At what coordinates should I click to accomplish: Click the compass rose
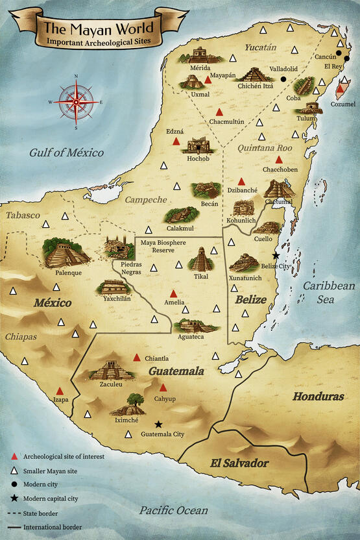click(x=77, y=102)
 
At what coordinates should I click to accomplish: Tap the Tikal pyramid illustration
click(x=201, y=259)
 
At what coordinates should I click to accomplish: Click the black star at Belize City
click(x=276, y=256)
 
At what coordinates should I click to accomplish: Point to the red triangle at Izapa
click(x=60, y=391)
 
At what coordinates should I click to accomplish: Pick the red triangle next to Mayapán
click(x=208, y=80)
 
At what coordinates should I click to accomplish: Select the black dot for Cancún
click(x=347, y=59)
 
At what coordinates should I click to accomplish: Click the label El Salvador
click(x=239, y=463)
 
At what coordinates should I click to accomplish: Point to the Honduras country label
click(x=318, y=396)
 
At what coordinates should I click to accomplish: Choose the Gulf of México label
click(x=66, y=153)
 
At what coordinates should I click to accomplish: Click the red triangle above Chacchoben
click(x=279, y=160)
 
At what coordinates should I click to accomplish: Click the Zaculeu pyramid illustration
click(x=112, y=371)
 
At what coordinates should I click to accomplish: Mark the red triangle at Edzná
click(x=176, y=141)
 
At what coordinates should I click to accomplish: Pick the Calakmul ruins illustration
click(x=182, y=215)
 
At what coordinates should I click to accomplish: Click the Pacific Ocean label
click(x=173, y=510)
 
